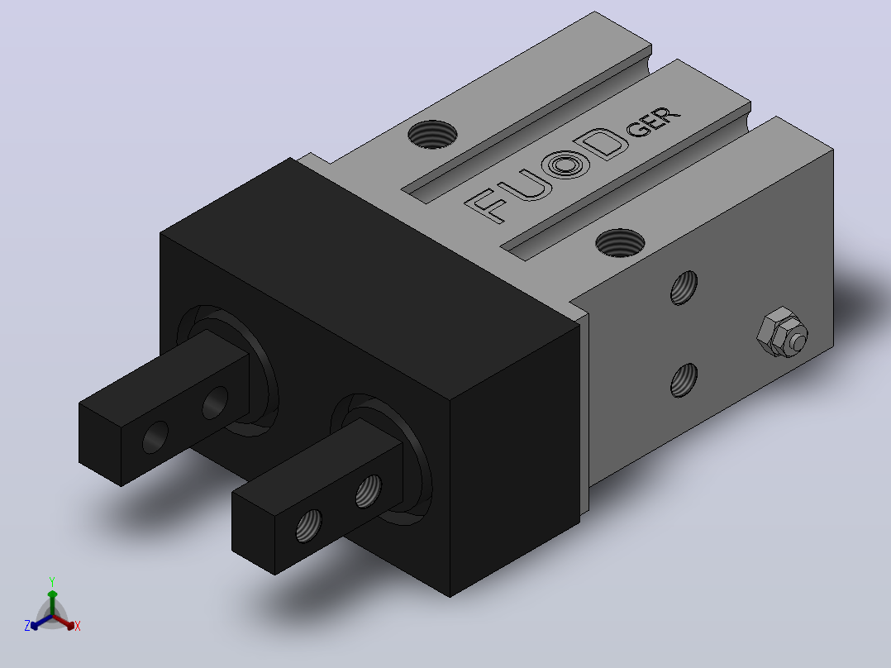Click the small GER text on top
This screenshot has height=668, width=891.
(x=654, y=122)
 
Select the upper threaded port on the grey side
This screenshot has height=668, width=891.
(x=684, y=288)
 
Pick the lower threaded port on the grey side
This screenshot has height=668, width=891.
(x=684, y=380)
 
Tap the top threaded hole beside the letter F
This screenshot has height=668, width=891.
(x=620, y=243)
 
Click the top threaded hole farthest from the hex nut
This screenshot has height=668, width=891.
(x=432, y=134)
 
